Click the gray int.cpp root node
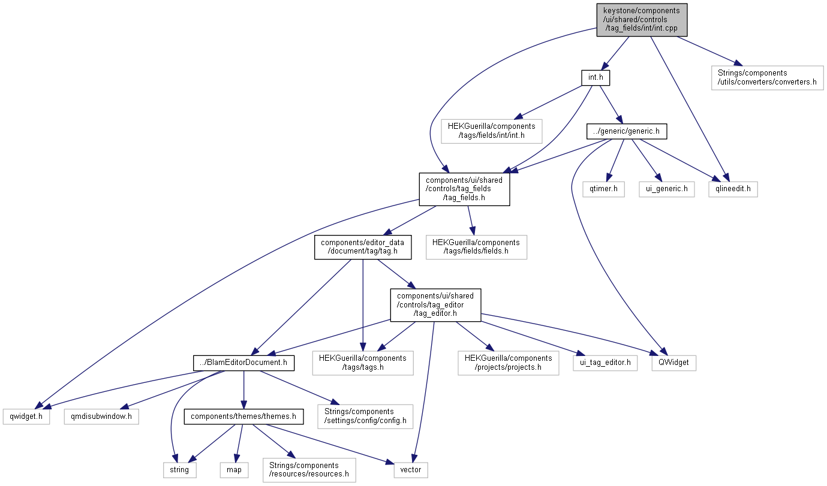pyautogui.click(x=641, y=20)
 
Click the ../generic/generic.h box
pyautogui.click(x=627, y=131)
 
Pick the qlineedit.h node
pyautogui.click(x=732, y=189)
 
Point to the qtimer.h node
pyautogui.click(x=603, y=189)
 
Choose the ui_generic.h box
pyautogui.click(x=666, y=189)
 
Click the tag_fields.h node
pyautogui.click(x=464, y=189)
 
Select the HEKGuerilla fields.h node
pyautogui.click(x=476, y=246)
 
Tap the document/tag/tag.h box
pyautogui.click(x=363, y=246)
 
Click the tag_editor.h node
pyautogui.click(x=435, y=304)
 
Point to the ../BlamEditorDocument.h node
pyautogui.click(x=243, y=362)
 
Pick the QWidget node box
pyautogui.click(x=673, y=362)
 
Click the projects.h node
pyautogui.click(x=508, y=362)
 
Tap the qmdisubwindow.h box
pyautogui.click(x=101, y=416)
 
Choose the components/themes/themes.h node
pyautogui.click(x=243, y=416)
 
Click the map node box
pyautogui.click(x=234, y=469)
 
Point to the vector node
pyautogui.click(x=411, y=469)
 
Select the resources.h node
pyautogui.click(x=309, y=469)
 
